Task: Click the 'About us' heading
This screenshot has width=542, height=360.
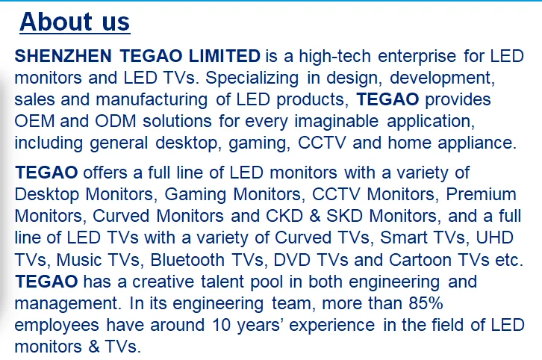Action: click(75, 22)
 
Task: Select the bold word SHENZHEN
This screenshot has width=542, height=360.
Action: click(63, 56)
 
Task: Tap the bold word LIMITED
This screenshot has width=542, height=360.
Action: click(225, 56)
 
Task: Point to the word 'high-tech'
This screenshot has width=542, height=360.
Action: click(335, 56)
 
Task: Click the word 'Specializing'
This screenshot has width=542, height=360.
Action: click(252, 78)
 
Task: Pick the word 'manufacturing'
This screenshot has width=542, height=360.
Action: click(152, 100)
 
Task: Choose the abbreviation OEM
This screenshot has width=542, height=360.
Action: click(34, 122)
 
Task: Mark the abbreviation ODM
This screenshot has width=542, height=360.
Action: click(116, 122)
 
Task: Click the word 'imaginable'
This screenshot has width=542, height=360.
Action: click(337, 122)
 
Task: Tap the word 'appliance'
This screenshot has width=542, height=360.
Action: click(477, 143)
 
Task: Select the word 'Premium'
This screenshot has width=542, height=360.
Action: click(482, 194)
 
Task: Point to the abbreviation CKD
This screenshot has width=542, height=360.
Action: click(284, 216)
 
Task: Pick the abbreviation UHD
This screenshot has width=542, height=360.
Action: click(495, 238)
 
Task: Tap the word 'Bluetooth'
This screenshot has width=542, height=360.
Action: click(187, 260)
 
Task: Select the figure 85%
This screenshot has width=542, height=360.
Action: click(426, 303)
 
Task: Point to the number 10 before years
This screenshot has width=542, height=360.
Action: click(221, 325)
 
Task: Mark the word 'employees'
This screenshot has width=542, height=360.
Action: click(57, 326)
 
